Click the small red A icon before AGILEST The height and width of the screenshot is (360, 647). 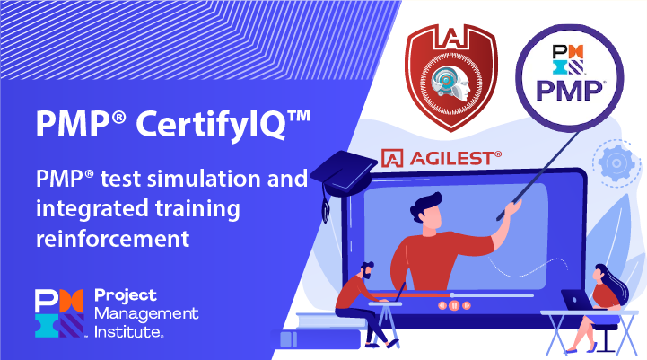391,159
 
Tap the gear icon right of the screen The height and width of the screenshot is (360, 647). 615,163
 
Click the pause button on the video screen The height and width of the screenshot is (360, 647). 454,305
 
